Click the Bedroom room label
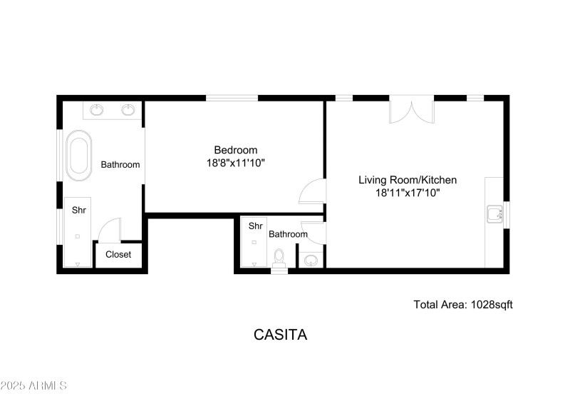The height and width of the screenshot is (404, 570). pos(235,150)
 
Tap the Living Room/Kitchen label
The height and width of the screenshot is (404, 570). pos(407,180)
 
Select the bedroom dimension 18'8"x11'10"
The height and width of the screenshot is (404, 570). pos(235,163)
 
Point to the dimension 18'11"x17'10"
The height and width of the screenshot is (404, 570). pos(407,193)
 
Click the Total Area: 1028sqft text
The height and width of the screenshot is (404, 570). pos(463,304)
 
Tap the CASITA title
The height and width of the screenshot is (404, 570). pos(280,334)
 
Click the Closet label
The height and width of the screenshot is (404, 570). pos(118,254)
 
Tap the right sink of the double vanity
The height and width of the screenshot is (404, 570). pos(128,110)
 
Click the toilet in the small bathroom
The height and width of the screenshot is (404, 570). pos(279,256)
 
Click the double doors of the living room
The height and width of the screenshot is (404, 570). pos(411,109)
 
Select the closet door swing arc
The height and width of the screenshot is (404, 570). pos(108,231)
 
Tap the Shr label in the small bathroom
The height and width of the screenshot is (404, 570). pos(255,226)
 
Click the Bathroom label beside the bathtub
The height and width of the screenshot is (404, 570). pos(120,164)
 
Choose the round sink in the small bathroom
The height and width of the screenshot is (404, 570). pos(311,261)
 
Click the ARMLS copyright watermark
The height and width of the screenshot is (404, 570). pos(33,385)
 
